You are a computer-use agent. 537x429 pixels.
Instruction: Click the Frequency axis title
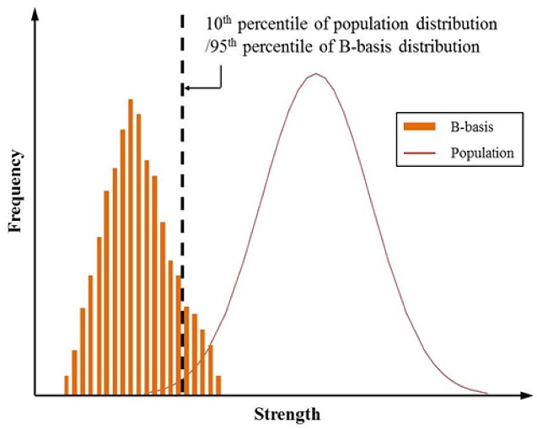pos(15,192)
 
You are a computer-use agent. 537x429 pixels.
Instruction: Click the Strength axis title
pos(287,415)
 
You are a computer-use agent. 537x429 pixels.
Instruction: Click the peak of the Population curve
pos(316,74)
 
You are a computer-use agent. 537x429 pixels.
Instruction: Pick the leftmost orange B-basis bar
pos(66,384)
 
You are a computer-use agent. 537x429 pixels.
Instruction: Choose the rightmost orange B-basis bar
pos(218,384)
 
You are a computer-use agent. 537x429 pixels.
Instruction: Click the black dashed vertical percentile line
pos(182,211)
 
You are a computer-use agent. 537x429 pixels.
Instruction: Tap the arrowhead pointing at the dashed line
pos(188,88)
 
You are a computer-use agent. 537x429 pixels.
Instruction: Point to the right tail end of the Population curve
pos(486,393)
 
